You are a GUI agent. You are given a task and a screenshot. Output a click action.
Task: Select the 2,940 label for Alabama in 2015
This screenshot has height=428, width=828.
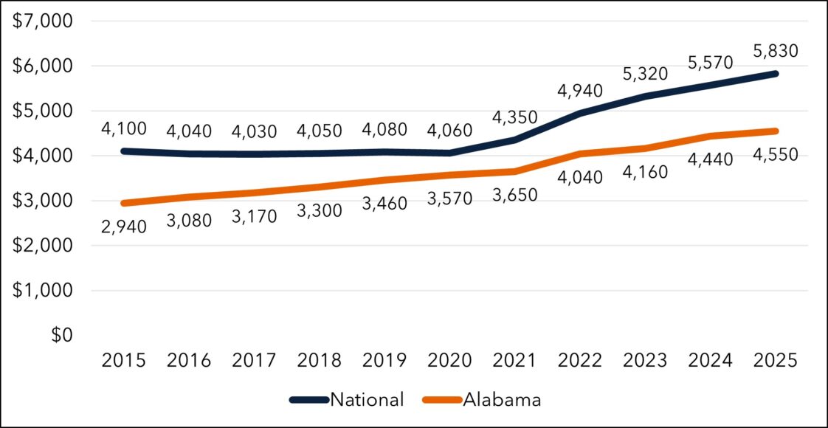[125, 227]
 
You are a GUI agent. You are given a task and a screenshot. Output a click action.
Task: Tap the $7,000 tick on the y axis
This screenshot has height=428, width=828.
[42, 21]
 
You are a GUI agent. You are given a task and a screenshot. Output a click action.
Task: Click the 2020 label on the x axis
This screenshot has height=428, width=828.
[449, 361]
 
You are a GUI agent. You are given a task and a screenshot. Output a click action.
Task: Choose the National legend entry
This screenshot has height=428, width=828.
[348, 400]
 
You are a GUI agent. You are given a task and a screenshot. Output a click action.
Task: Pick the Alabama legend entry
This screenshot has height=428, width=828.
[482, 400]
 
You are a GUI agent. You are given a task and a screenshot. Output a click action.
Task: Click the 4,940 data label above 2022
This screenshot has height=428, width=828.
[579, 92]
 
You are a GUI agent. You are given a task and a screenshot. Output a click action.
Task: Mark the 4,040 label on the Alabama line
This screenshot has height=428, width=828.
[579, 177]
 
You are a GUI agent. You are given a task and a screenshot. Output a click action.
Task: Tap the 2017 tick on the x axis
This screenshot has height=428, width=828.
[255, 361]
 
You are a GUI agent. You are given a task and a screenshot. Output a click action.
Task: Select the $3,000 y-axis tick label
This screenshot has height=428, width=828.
[42, 201]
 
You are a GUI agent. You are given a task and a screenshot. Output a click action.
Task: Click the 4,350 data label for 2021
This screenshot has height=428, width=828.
[514, 118]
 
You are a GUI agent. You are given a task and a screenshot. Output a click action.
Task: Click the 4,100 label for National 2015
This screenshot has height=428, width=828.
[125, 129]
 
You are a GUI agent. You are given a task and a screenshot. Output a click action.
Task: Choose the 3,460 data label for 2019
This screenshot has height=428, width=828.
[384, 203]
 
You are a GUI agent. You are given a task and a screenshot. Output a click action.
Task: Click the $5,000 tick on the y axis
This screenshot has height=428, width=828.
[42, 111]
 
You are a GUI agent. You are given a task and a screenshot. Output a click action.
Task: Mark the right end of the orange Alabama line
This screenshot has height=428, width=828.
[775, 131]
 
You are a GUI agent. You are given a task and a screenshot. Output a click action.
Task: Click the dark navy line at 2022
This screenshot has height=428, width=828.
[580, 113]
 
